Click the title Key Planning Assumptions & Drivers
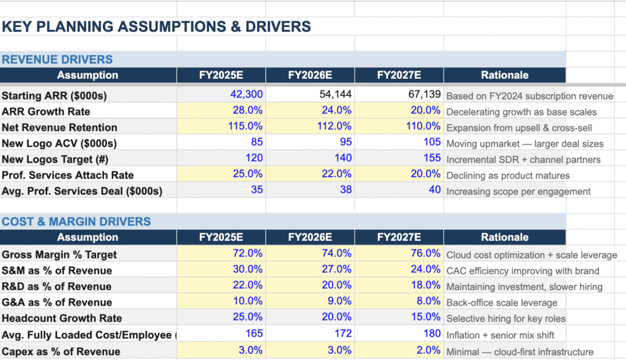click(156, 27)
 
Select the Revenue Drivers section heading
click(57, 59)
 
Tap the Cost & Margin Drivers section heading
click(76, 221)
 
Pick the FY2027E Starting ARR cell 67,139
click(424, 95)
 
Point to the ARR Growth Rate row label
click(46, 111)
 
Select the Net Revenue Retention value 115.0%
click(248, 127)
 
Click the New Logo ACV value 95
click(345, 142)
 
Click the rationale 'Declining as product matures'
click(508, 175)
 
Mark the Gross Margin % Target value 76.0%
click(425, 254)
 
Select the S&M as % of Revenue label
click(57, 270)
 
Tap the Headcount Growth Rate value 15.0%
click(425, 317)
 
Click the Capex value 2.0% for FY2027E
click(428, 351)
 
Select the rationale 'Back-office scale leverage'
click(502, 303)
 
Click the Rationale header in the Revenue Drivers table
click(504, 75)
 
